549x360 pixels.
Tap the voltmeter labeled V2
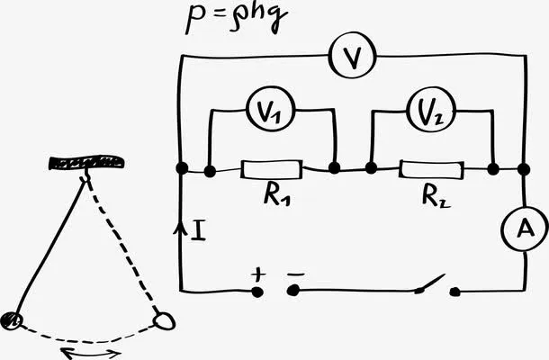coord(431,112)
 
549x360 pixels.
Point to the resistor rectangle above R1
coord(271,169)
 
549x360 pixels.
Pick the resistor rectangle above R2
coord(432,169)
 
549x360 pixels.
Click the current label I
coord(199,230)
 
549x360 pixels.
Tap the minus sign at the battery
coord(296,271)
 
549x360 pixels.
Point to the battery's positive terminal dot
coord(257,292)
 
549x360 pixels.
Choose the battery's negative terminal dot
coord(292,291)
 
